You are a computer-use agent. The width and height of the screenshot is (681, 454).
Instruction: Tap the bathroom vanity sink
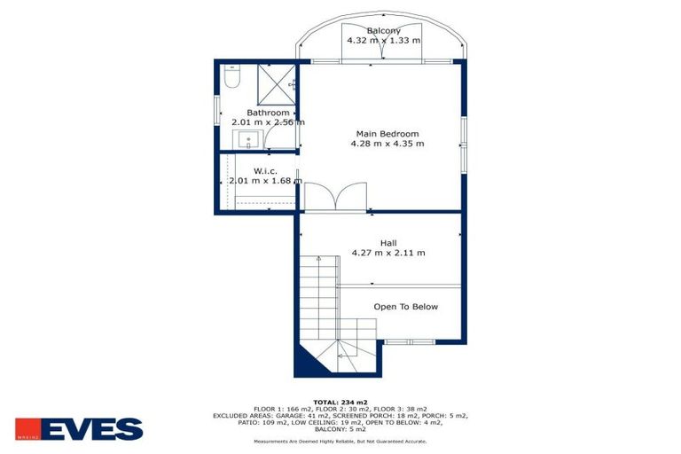pos(248,138)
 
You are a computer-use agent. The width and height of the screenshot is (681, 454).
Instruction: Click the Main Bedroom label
pos(380,133)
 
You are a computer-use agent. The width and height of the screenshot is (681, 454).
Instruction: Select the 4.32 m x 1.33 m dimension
pos(383,41)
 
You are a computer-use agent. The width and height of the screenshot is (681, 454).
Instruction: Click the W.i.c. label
pos(265,170)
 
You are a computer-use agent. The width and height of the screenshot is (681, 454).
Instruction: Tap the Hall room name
pos(388,243)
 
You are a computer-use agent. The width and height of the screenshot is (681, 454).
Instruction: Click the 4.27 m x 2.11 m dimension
pos(388,253)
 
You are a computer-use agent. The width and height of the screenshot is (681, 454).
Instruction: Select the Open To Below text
pos(405,307)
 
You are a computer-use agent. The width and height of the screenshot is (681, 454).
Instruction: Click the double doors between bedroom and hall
pos(335,197)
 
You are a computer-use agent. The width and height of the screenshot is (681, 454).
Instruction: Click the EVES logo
pos(79,429)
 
